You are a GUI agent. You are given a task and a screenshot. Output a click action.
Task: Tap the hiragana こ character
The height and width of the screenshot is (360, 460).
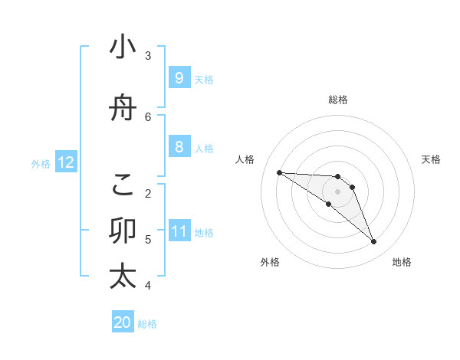(x=123, y=184)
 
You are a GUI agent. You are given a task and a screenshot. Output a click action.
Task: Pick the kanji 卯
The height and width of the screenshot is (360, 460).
(x=123, y=231)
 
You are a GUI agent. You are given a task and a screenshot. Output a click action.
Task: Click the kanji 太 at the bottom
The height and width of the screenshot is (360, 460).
(x=123, y=277)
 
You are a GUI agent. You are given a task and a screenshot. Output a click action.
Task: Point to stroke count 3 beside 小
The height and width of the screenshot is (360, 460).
(x=148, y=55)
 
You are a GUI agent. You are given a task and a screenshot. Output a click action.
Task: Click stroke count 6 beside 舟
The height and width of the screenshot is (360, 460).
(x=148, y=116)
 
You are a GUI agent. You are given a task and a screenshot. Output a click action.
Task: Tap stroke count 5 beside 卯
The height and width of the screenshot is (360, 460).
(x=148, y=239)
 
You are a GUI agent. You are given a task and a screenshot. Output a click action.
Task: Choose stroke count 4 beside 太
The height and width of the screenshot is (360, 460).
(x=148, y=286)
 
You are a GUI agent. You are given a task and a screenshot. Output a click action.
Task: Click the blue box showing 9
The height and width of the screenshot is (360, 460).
(x=179, y=77)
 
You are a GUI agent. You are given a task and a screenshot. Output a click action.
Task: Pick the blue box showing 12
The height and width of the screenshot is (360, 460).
(x=66, y=162)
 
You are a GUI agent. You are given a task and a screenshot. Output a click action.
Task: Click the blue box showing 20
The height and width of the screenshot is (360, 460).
(x=123, y=322)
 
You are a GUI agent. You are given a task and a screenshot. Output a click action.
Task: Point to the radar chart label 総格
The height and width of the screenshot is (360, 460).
(x=337, y=100)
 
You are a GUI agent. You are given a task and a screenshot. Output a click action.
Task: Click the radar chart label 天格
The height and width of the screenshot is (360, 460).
(x=431, y=159)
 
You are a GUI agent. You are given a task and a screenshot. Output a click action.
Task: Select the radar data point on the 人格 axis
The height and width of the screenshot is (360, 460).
(x=279, y=172)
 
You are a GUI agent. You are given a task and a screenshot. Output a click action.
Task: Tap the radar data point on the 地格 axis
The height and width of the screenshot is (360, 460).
(x=373, y=242)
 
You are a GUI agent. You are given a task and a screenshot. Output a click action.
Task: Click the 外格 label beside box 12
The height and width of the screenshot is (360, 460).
(x=41, y=163)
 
